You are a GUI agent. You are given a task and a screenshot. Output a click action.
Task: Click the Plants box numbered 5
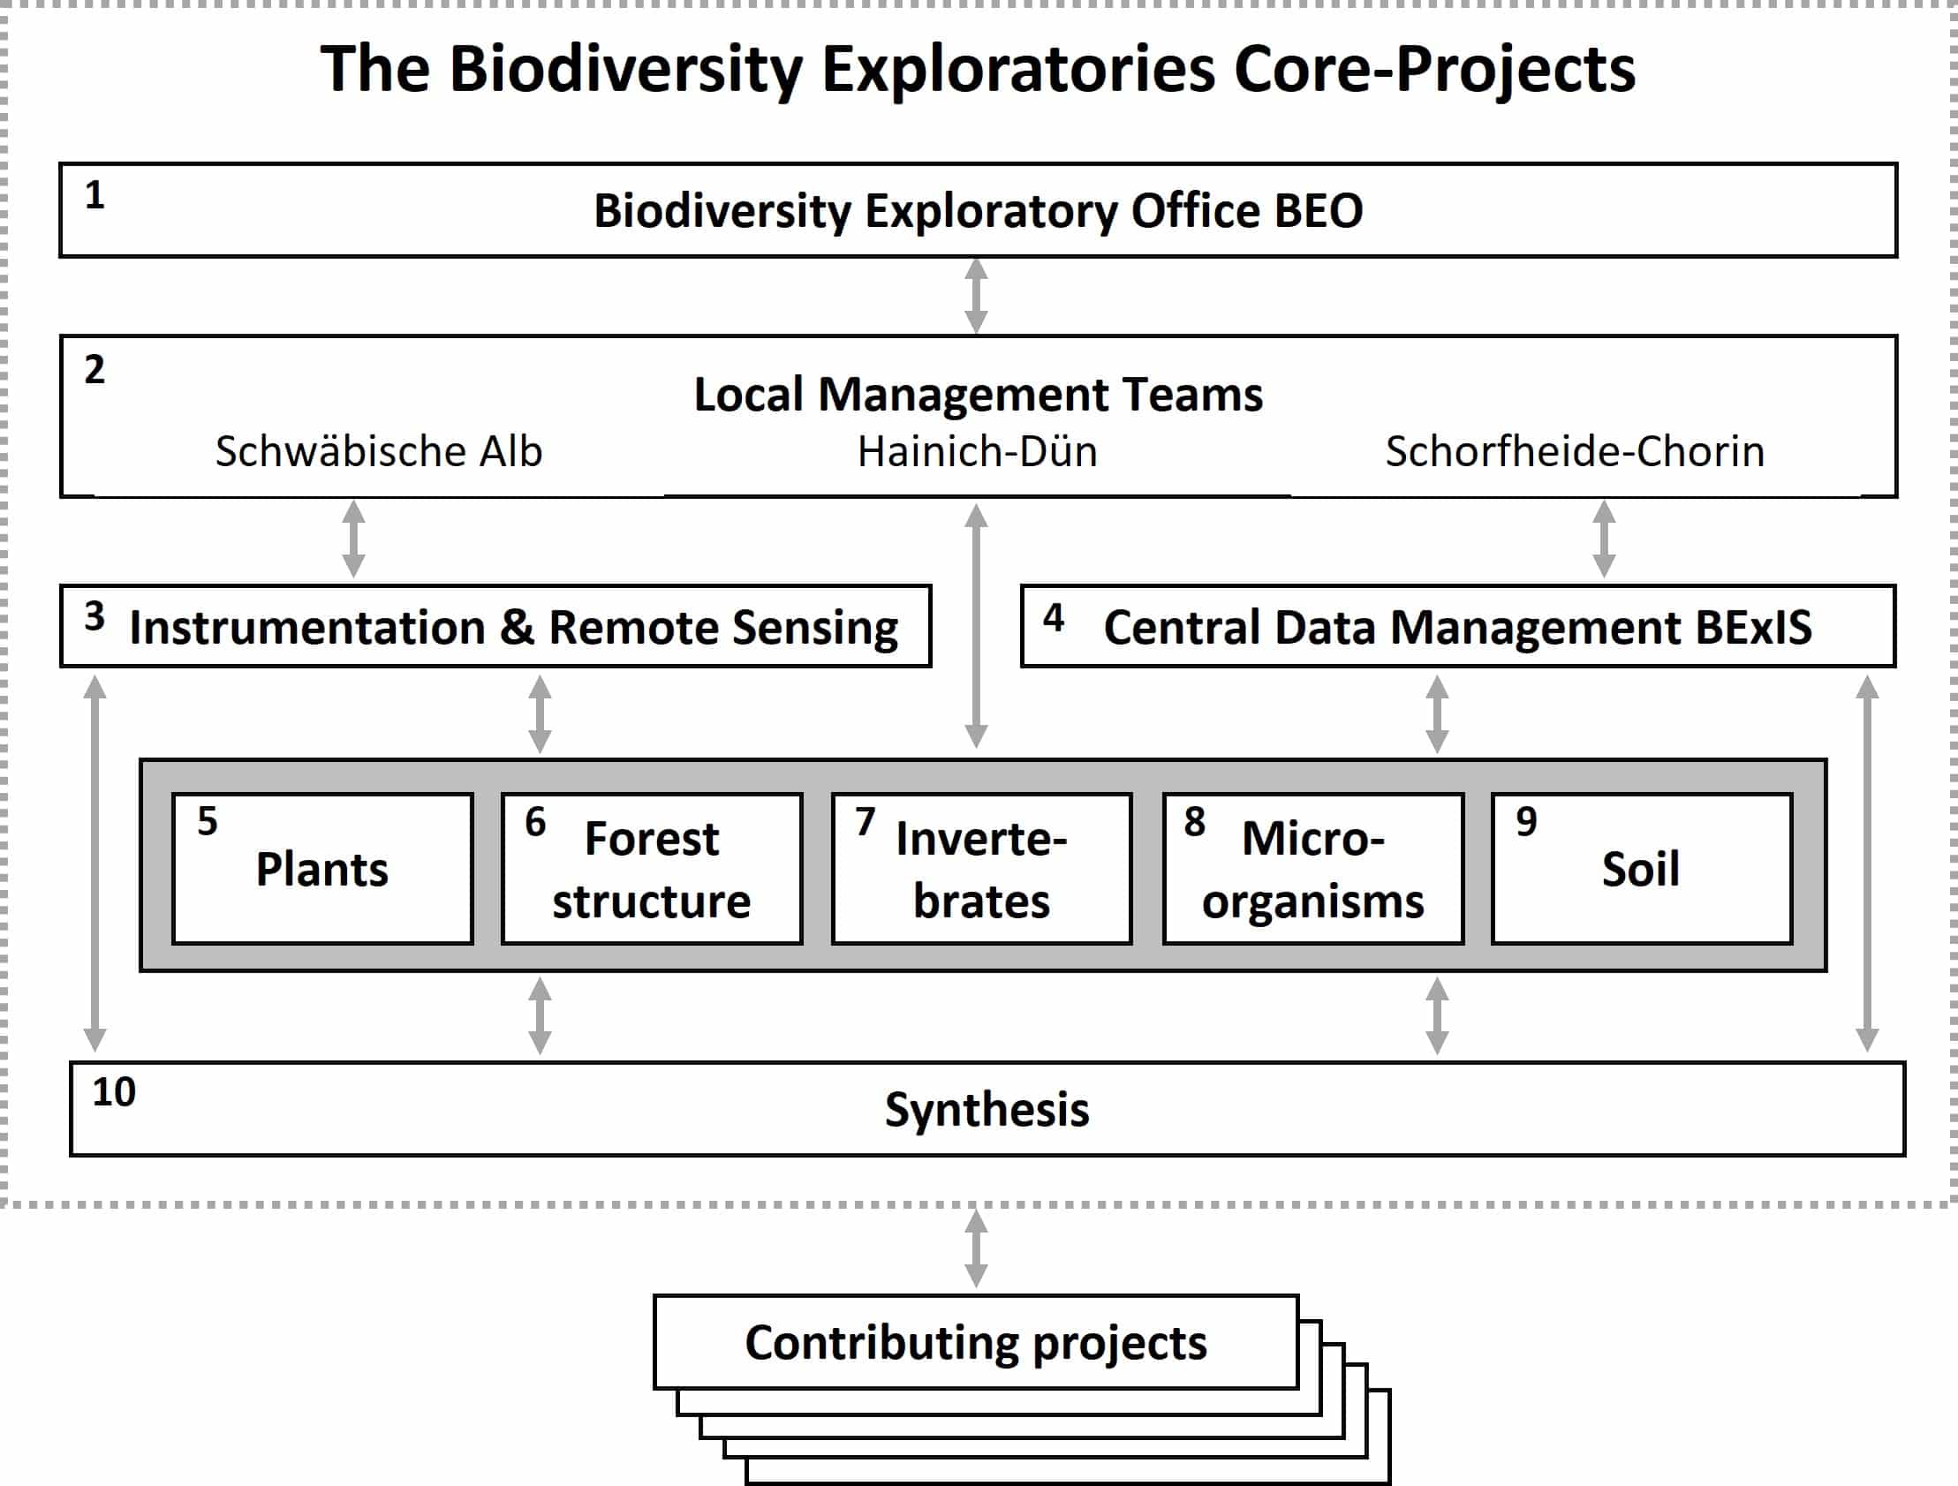[322, 868]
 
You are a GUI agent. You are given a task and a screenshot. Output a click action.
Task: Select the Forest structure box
[652, 868]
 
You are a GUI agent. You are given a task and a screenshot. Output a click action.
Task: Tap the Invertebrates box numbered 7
[982, 868]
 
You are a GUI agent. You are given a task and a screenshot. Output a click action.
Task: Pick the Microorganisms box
[1312, 868]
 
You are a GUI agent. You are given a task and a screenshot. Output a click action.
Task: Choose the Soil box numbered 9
[1642, 868]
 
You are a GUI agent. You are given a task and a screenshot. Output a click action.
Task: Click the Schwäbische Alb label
[379, 451]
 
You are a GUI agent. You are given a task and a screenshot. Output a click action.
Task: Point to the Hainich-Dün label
[977, 451]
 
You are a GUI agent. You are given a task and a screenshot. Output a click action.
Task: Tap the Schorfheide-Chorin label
[1575, 451]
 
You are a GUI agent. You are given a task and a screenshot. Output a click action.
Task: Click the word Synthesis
[987, 1110]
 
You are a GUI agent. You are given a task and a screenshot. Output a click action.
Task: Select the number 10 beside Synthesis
[114, 1092]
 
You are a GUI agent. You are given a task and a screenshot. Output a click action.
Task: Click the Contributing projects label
[975, 1344]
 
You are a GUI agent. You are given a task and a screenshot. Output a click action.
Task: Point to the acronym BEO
[1318, 211]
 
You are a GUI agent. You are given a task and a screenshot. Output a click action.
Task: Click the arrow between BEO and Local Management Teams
[975, 296]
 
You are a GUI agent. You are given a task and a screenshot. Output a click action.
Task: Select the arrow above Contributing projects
[975, 1248]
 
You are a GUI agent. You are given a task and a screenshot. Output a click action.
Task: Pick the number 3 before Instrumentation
[94, 616]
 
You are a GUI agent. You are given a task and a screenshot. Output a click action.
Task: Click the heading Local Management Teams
[978, 395]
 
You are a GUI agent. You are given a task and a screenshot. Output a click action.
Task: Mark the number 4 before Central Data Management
[1054, 618]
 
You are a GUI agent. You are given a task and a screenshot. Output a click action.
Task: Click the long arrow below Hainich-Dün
[975, 626]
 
